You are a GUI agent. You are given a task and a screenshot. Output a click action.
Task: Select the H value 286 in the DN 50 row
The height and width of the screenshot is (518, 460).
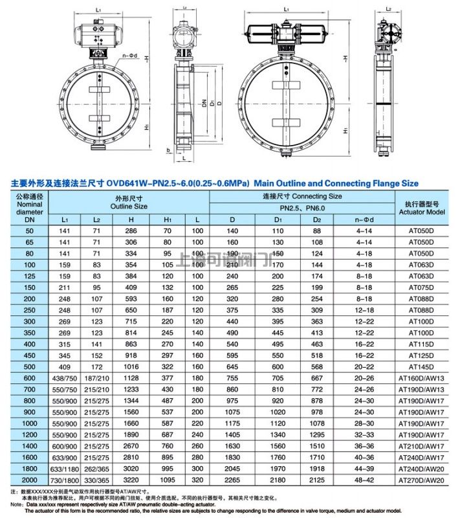coord(131,231)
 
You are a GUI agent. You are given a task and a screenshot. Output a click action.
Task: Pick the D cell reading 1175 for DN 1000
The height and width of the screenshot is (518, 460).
coord(231,422)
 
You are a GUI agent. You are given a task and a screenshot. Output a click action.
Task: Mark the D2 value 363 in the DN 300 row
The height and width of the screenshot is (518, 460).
coord(316,321)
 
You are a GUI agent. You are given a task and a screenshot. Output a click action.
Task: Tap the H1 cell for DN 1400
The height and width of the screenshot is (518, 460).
coord(168,445)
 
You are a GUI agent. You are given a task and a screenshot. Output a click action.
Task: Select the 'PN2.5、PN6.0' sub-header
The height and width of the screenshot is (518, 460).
coord(301,208)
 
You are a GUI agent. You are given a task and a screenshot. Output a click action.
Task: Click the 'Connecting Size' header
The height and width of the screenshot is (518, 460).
coord(301,196)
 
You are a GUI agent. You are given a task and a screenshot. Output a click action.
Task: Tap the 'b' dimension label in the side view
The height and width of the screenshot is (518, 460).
coord(167,150)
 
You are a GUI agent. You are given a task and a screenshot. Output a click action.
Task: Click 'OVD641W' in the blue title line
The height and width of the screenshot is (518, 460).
coord(127,183)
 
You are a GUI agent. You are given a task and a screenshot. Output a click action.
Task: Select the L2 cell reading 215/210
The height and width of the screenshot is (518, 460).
coord(96,388)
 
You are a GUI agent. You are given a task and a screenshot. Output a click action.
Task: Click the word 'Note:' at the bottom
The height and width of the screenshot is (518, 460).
coord(10,504)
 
